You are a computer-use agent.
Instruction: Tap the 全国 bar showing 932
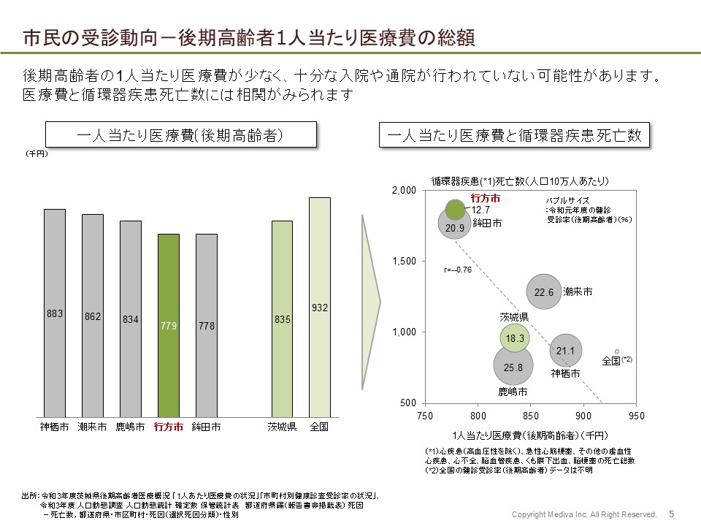click(x=320, y=307)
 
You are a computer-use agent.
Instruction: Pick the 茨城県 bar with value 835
click(x=282, y=319)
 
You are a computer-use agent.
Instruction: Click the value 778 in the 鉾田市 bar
click(x=207, y=326)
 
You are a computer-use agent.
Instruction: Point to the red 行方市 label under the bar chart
click(x=169, y=427)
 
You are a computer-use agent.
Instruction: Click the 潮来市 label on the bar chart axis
click(x=93, y=427)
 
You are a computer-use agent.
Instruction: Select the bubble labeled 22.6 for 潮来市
click(x=544, y=292)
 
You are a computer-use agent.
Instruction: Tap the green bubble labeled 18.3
click(x=516, y=338)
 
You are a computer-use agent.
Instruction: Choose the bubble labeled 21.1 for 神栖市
click(x=566, y=351)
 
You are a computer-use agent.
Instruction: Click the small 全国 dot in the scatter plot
click(x=616, y=351)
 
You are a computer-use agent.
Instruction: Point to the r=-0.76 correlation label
click(x=458, y=270)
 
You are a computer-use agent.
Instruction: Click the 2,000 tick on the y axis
click(x=406, y=191)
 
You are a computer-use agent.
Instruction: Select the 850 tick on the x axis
click(x=530, y=416)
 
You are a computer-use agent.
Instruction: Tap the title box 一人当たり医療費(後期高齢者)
click(x=181, y=135)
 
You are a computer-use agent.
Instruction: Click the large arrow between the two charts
click(x=370, y=299)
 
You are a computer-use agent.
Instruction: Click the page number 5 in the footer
click(x=671, y=514)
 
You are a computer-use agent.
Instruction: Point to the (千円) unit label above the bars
click(x=37, y=154)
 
